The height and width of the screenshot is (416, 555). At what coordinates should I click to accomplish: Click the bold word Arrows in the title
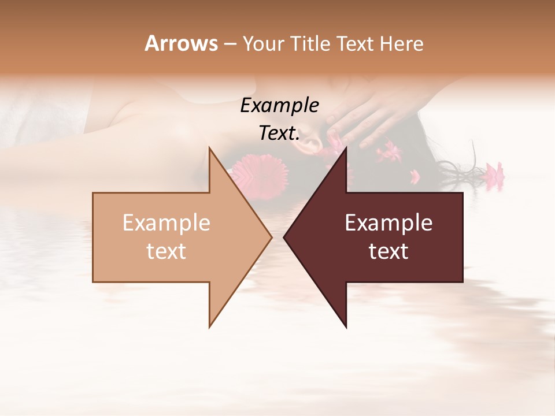point(181,43)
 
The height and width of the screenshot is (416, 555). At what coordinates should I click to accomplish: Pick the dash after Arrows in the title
point(230,44)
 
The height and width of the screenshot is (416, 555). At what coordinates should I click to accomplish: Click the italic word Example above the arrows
point(279,106)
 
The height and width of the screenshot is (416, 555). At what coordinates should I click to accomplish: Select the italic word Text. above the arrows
point(279,133)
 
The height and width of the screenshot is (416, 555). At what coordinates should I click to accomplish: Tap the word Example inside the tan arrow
point(166,223)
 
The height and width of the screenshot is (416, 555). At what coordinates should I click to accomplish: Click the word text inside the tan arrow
point(166,251)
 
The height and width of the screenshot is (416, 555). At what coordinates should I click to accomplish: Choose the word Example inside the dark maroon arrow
point(388,223)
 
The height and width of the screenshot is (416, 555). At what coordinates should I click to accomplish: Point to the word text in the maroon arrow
point(388,251)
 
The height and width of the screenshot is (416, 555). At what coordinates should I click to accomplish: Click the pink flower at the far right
point(494,172)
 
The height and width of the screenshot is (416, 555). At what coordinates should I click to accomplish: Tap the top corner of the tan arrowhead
point(210,148)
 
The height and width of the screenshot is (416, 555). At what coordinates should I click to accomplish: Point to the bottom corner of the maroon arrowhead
point(346,326)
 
